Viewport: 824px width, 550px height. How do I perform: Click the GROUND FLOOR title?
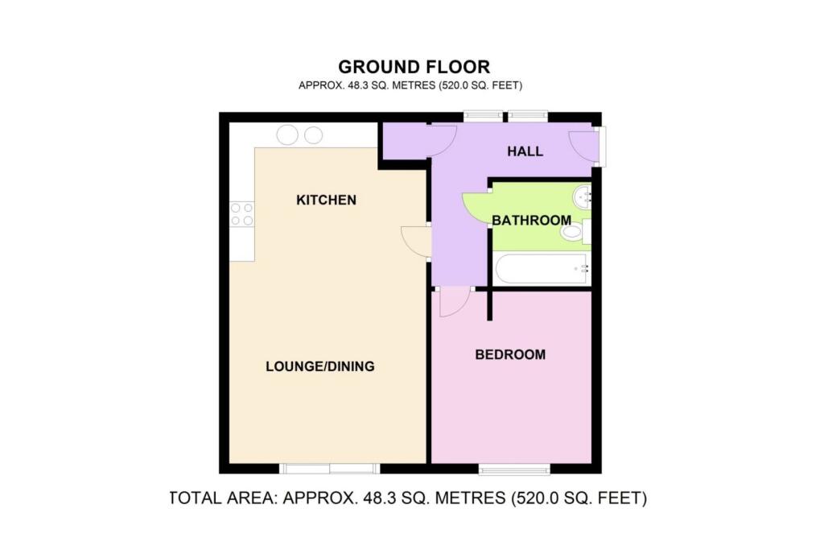(x=414, y=67)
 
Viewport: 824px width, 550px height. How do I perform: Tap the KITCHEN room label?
(x=326, y=200)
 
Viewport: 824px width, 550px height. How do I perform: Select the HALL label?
(x=525, y=151)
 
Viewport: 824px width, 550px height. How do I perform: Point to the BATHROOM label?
(x=531, y=220)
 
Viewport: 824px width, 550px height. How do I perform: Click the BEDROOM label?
(x=509, y=354)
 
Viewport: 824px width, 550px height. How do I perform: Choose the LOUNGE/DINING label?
(x=320, y=366)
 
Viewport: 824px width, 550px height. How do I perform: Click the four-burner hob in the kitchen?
(x=241, y=214)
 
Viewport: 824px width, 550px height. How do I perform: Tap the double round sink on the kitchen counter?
(x=300, y=134)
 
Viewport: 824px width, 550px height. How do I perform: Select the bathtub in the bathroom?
(x=542, y=269)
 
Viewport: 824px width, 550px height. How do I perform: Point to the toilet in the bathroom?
(x=574, y=233)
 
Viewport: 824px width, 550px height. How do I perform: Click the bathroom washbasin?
(x=583, y=195)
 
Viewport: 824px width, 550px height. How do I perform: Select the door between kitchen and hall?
(x=417, y=241)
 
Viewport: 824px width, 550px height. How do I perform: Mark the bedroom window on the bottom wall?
(x=514, y=469)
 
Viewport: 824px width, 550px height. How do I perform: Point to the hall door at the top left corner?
(x=443, y=139)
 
